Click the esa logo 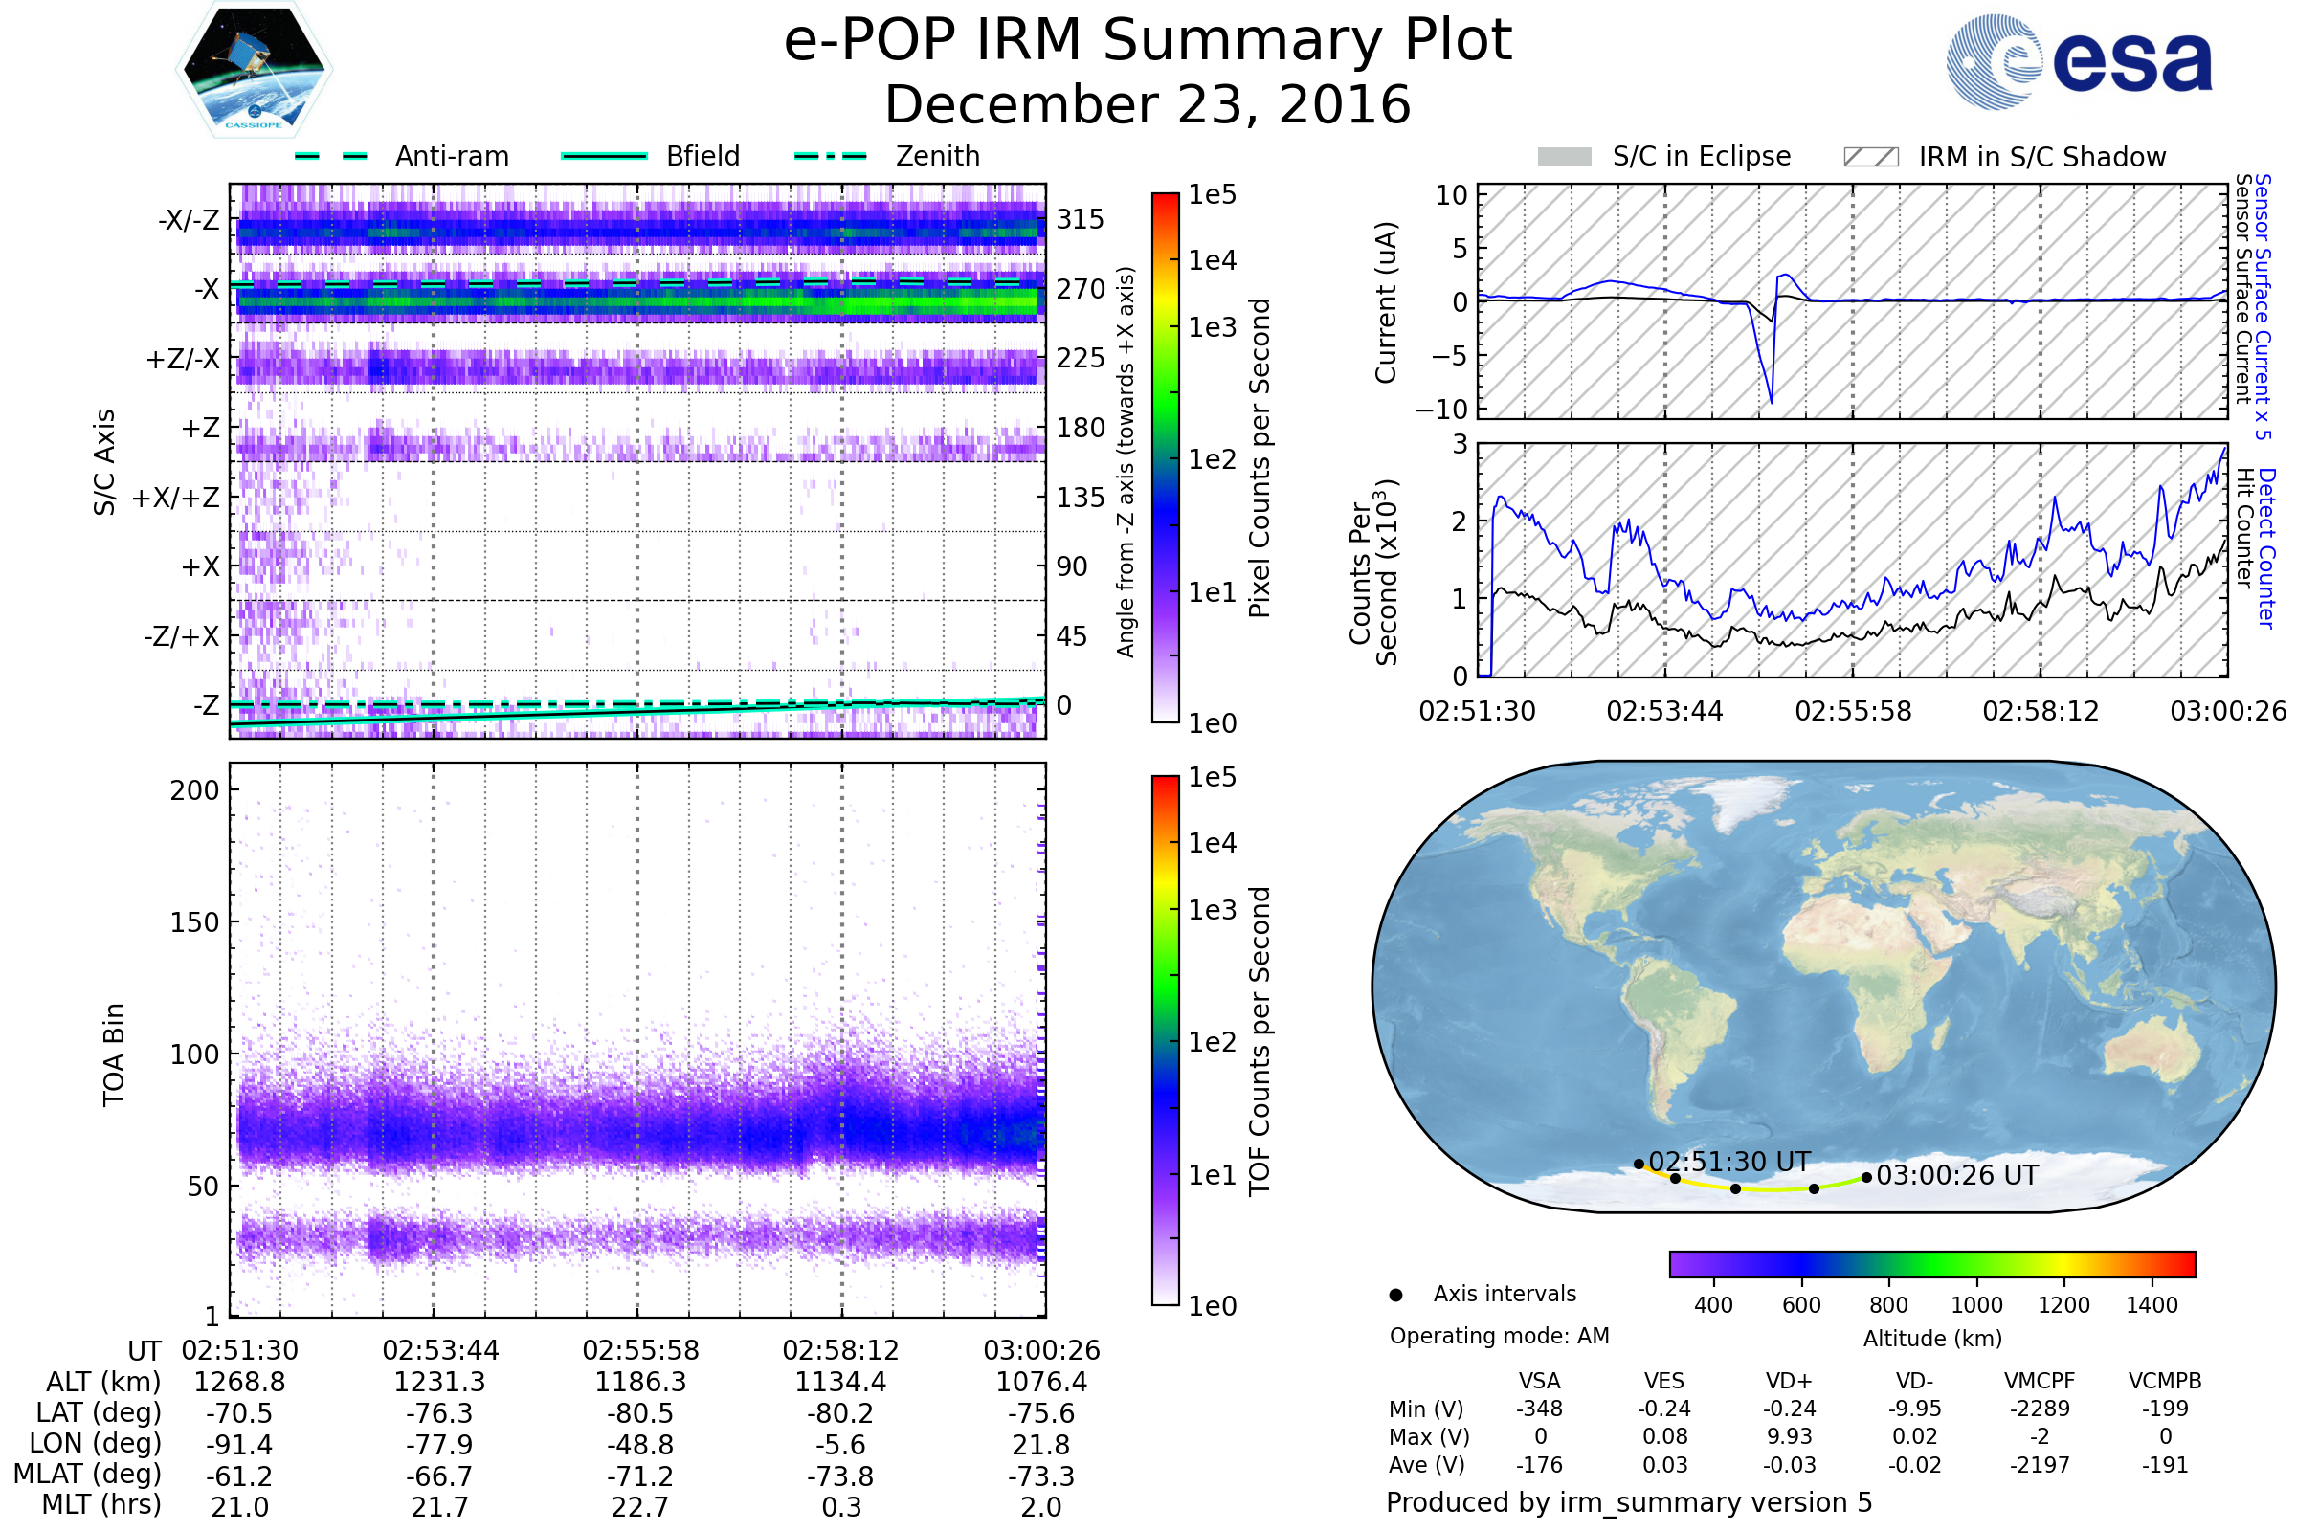tap(2080, 61)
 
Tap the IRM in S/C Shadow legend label tap(2041, 157)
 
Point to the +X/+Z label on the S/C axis tap(176, 498)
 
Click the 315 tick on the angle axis tap(1081, 219)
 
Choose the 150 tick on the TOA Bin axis tap(194, 922)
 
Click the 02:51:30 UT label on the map tap(1728, 1162)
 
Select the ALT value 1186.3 tap(640, 1383)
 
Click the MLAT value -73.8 tap(841, 1476)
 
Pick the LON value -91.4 tap(240, 1445)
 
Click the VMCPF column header tap(2040, 1382)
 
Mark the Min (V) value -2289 tap(2040, 1409)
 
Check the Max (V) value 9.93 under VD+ tap(1789, 1436)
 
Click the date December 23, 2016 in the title tap(1148, 105)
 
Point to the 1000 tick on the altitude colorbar tap(1976, 1305)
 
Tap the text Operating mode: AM tap(1499, 1336)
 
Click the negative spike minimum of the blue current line tap(1772, 401)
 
